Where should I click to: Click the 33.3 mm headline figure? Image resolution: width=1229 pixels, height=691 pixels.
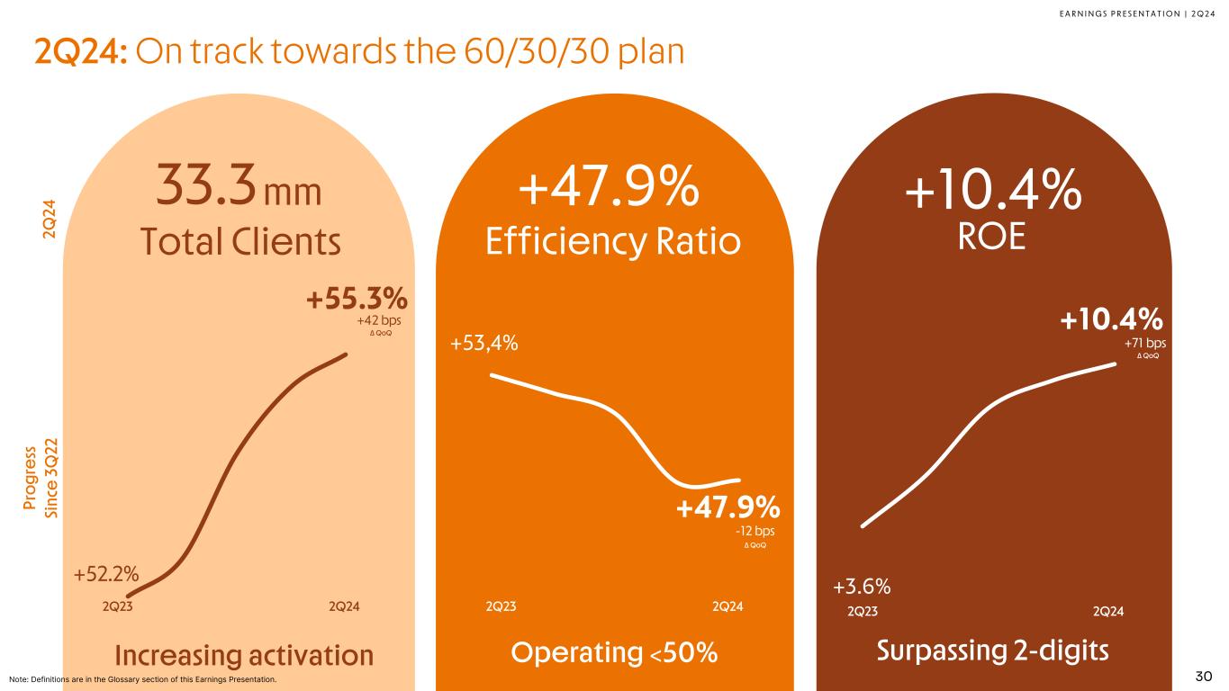(x=239, y=187)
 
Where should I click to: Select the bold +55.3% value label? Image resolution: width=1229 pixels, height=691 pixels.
(x=357, y=299)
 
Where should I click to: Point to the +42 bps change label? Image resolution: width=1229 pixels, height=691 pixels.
(x=379, y=319)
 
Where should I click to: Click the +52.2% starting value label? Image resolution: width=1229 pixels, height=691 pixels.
(x=105, y=572)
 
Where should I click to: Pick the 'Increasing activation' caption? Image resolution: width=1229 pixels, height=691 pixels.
(x=244, y=655)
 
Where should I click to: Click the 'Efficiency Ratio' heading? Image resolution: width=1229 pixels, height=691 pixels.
(x=612, y=240)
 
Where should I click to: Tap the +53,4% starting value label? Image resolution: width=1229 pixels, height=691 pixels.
(x=483, y=343)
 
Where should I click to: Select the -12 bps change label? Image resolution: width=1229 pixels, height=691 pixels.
(x=755, y=531)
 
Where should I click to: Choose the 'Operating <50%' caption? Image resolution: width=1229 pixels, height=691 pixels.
(x=614, y=653)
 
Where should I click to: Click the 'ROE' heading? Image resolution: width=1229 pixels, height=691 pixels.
(x=992, y=237)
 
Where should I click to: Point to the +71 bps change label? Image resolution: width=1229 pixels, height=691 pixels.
(x=1145, y=343)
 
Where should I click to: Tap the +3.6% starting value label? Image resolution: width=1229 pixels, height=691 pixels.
(x=862, y=588)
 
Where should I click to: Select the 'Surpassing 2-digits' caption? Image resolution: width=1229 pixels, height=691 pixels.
(x=992, y=650)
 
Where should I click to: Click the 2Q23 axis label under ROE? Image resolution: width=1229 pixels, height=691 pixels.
(x=863, y=612)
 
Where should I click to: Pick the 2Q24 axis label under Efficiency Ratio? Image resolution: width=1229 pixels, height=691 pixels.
(x=727, y=606)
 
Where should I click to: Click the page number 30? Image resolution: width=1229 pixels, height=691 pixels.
(x=1204, y=676)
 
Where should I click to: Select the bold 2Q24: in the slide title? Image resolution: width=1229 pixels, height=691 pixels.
(x=83, y=53)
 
